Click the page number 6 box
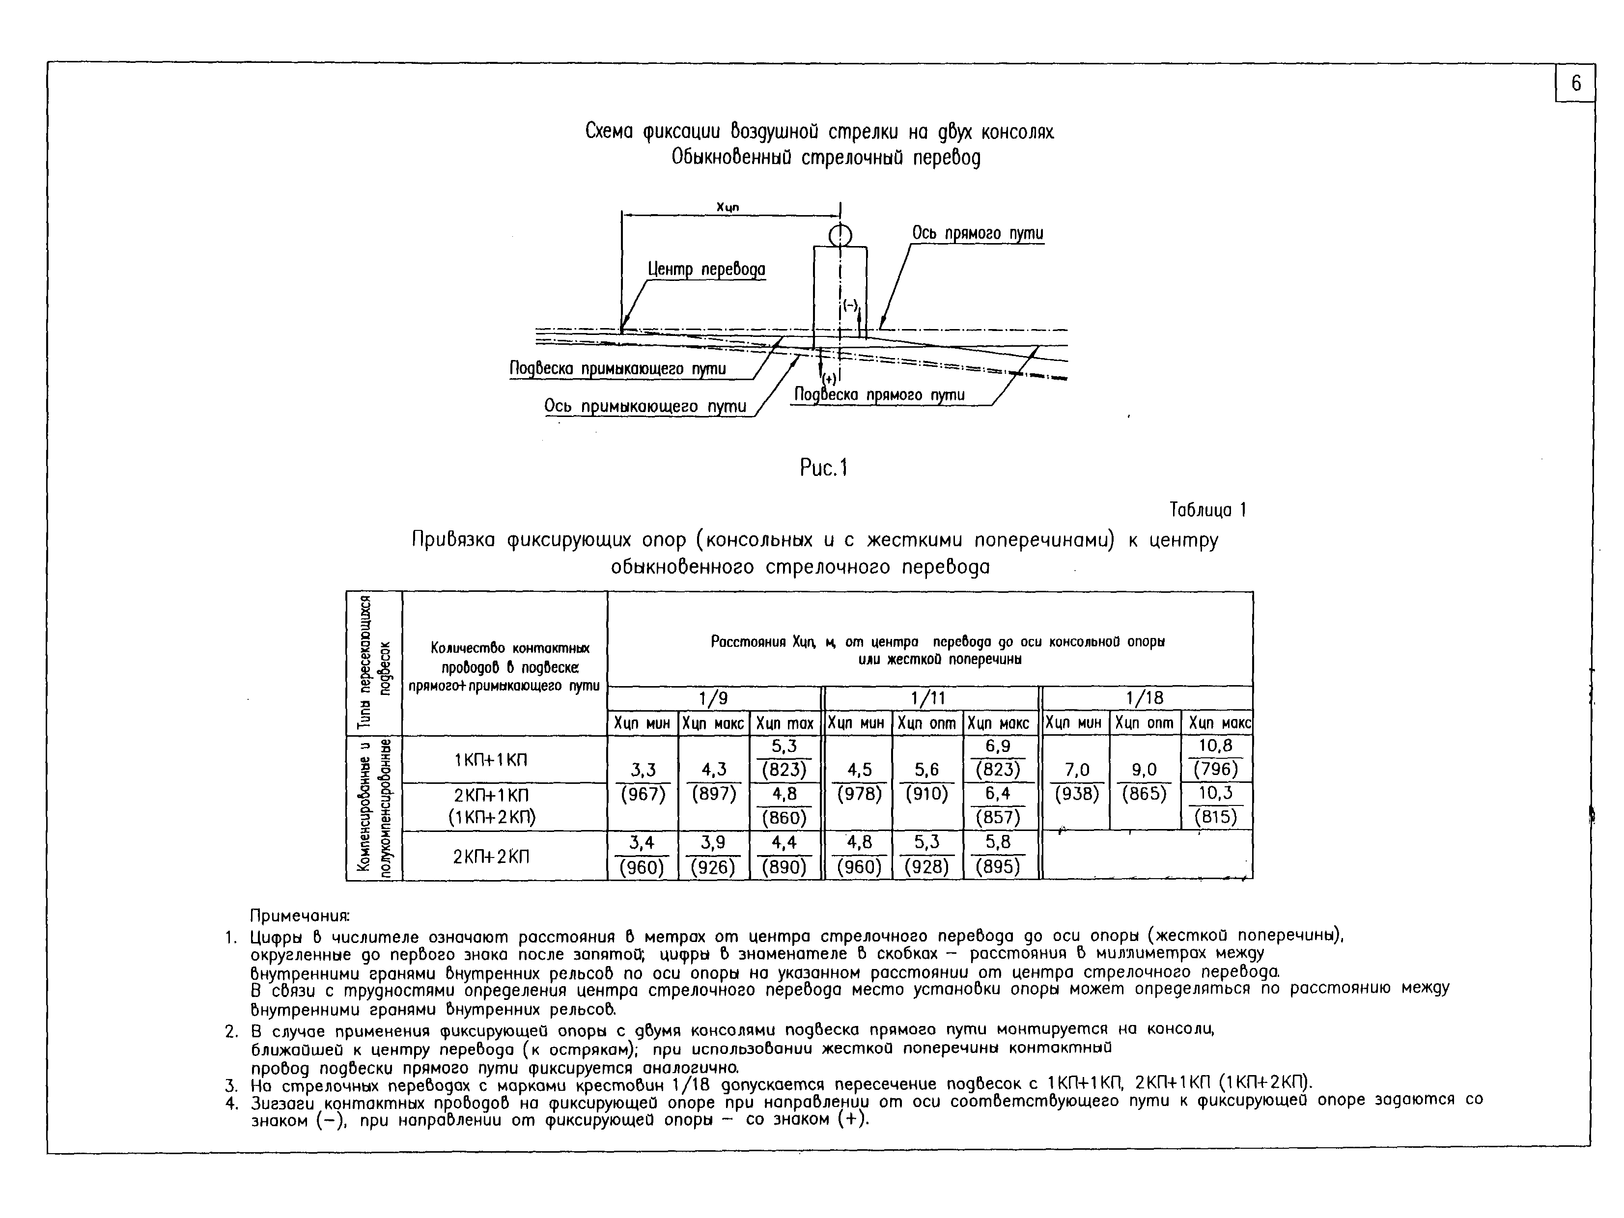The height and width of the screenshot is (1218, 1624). tap(1575, 83)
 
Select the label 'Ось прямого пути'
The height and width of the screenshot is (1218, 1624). tap(977, 233)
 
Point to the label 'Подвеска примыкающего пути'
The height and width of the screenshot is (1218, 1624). tap(617, 368)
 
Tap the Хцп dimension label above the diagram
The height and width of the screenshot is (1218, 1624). tap(728, 208)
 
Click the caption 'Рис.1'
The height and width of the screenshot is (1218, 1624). tap(823, 468)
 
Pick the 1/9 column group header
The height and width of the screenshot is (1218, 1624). tap(714, 697)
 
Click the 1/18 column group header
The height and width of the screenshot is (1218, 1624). tap(1146, 697)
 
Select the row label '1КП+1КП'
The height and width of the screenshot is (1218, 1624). tap(490, 760)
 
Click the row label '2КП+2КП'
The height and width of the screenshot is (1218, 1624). tap(490, 856)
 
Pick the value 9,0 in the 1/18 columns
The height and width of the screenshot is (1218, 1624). tap(1144, 770)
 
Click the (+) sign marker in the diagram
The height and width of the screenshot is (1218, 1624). tap(829, 379)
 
